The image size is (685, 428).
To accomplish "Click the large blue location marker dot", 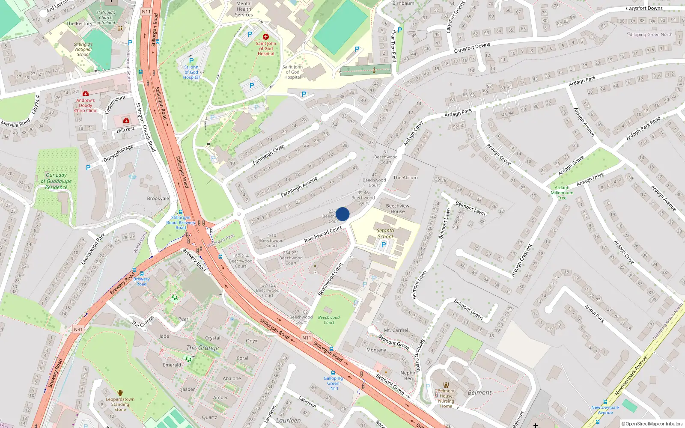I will [342, 214].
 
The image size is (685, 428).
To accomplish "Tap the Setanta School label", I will [385, 233].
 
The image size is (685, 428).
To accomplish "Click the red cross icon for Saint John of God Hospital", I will [266, 37].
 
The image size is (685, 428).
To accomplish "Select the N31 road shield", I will [78, 329].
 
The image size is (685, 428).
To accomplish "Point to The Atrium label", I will [405, 178].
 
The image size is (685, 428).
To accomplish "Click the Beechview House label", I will [397, 208].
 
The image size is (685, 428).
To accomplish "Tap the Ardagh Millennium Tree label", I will [562, 193].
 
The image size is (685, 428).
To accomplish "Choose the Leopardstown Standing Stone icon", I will [120, 392].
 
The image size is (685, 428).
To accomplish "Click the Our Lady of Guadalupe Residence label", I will [56, 181].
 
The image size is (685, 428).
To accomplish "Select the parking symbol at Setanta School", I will [383, 245].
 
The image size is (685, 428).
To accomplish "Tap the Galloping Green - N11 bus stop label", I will [333, 383].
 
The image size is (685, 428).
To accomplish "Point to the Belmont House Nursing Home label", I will [446, 398].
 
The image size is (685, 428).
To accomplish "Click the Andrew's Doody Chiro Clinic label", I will [86, 105].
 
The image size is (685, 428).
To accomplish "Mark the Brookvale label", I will [158, 199].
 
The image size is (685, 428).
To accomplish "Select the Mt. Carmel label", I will [396, 330].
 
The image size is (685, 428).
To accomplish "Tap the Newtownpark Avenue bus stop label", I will [605, 410].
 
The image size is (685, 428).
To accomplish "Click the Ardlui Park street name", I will [594, 313].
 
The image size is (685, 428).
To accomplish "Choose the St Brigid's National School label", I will [83, 49].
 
